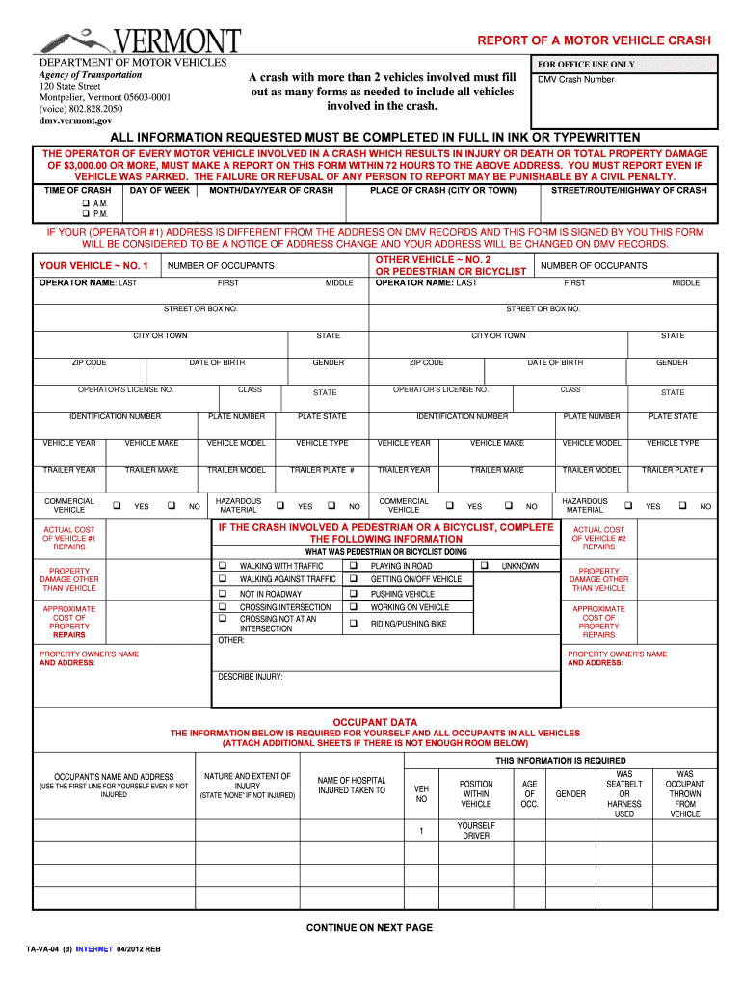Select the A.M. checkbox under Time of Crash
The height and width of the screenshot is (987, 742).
point(86,204)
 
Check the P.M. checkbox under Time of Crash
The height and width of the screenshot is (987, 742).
point(86,214)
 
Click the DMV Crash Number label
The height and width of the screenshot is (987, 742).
point(576,79)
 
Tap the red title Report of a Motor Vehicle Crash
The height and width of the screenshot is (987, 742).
point(595,40)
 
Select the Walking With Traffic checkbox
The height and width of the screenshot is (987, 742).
point(222,566)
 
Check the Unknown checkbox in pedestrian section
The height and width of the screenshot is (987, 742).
point(485,566)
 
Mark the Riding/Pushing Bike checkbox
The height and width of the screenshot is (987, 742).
point(354,624)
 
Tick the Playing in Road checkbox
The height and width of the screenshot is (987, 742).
point(354,566)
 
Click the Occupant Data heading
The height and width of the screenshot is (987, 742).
point(375,722)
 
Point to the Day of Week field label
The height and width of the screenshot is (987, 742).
point(160,190)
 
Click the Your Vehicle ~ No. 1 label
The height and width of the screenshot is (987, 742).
point(93,265)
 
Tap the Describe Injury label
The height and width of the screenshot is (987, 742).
point(251,677)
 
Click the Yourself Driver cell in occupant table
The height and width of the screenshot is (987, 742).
point(476,831)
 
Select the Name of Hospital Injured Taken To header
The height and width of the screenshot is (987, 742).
point(352,786)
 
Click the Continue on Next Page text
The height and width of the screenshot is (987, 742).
point(369,928)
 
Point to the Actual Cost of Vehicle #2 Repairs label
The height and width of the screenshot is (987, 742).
point(598,538)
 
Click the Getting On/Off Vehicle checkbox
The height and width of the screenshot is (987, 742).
point(354,579)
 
